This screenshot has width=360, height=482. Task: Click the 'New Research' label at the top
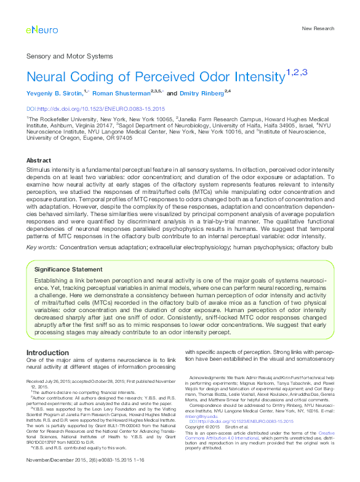click(x=318, y=29)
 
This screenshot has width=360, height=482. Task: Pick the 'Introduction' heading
click(x=48, y=353)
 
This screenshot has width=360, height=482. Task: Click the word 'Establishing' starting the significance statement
click(x=52, y=281)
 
